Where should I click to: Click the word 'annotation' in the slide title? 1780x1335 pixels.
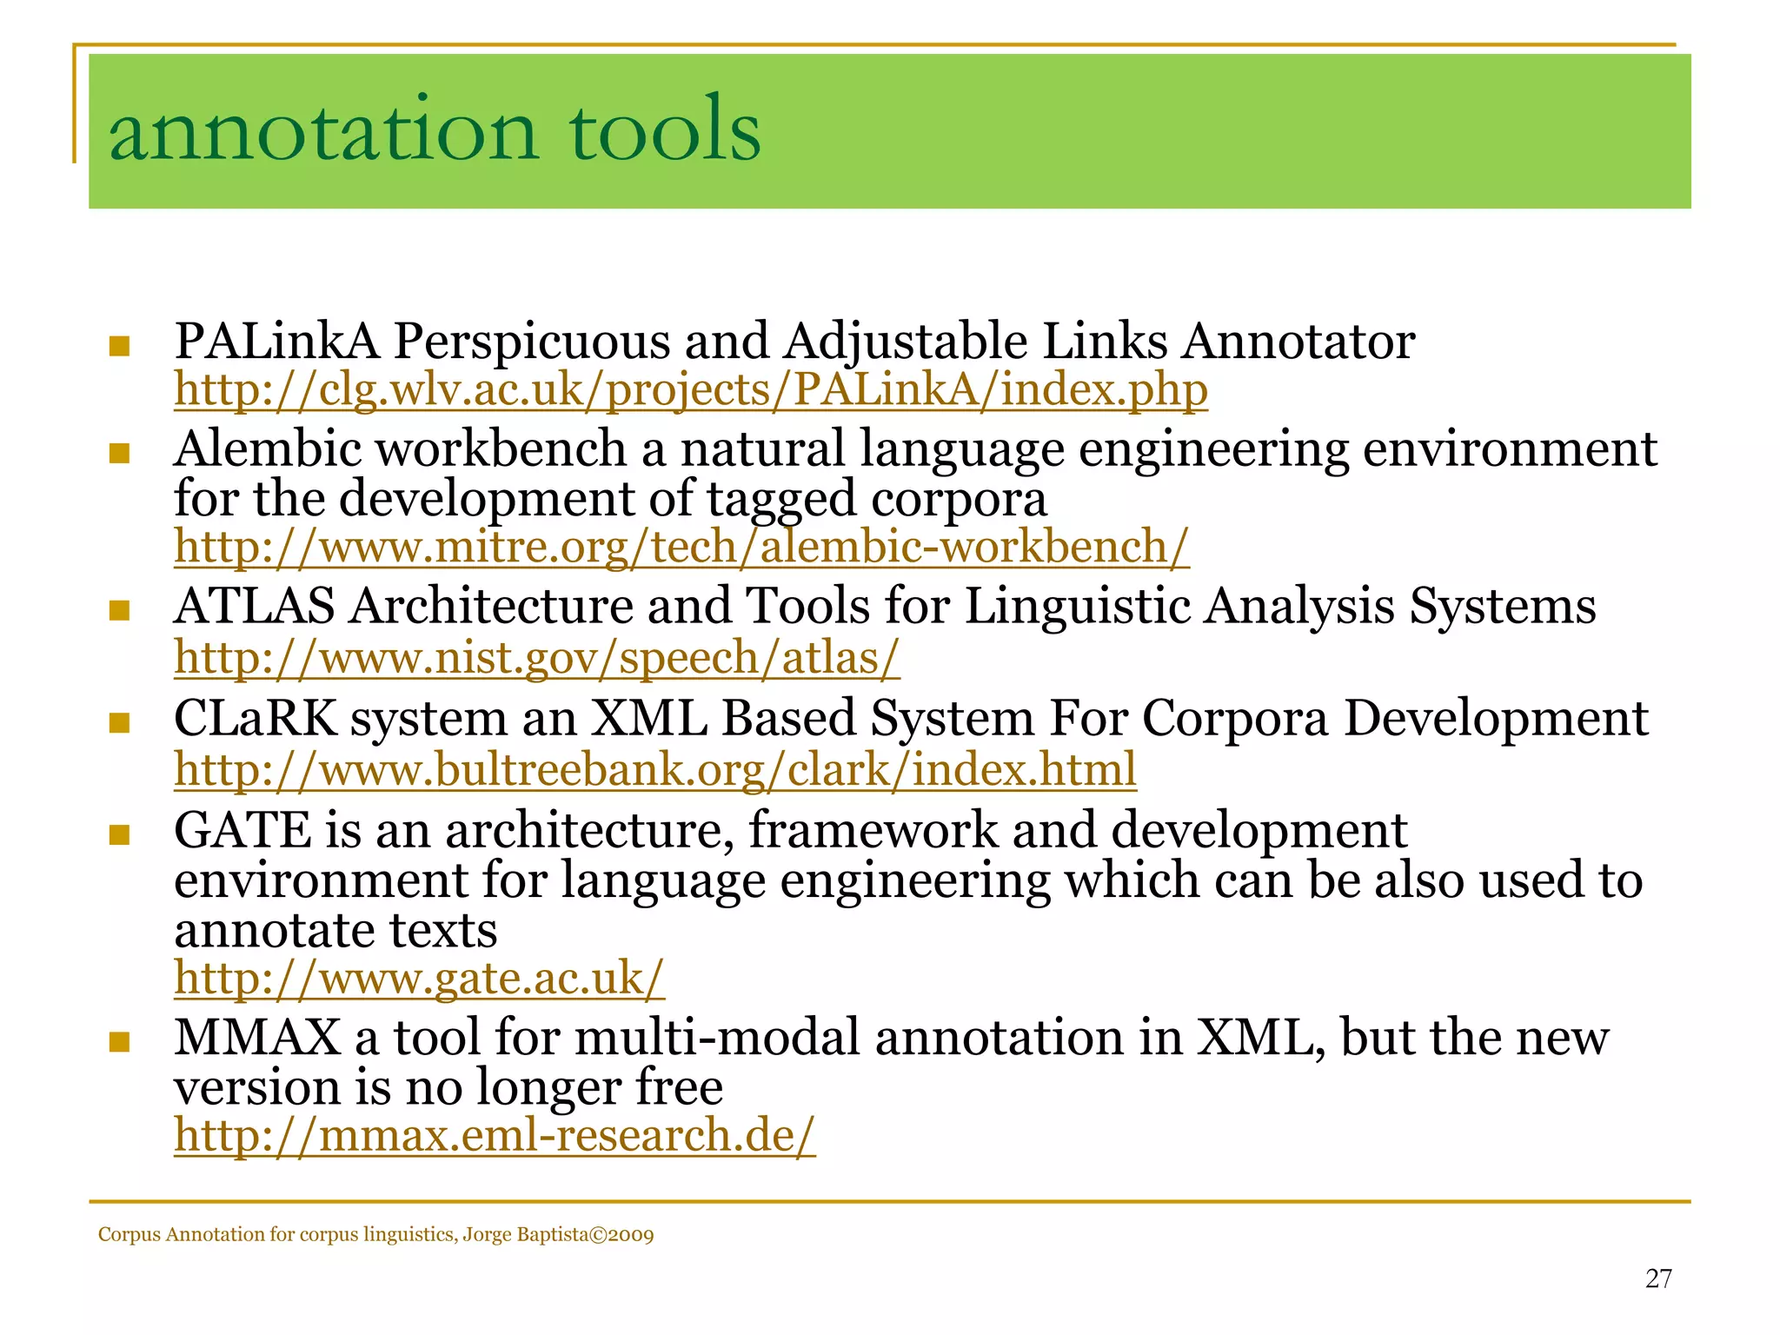tap(323, 130)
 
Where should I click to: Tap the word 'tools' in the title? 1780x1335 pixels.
tap(665, 130)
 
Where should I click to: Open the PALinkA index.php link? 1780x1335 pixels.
tap(691, 389)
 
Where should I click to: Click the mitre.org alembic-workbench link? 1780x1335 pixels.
tap(681, 548)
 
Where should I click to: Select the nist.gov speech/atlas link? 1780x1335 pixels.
tap(536, 658)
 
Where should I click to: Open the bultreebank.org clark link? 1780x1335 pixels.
tap(654, 770)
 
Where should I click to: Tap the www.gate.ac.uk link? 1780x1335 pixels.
tap(419, 979)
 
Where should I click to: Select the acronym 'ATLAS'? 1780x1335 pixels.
tap(254, 606)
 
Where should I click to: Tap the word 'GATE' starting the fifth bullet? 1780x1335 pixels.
tap(242, 830)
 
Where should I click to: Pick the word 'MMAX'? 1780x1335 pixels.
tap(257, 1038)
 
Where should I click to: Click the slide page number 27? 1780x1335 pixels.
tap(1658, 1279)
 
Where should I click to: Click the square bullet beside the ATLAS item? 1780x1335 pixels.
tap(119, 611)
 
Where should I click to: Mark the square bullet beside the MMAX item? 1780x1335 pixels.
tap(119, 1042)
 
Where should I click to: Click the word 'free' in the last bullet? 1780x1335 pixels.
tap(679, 1087)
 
